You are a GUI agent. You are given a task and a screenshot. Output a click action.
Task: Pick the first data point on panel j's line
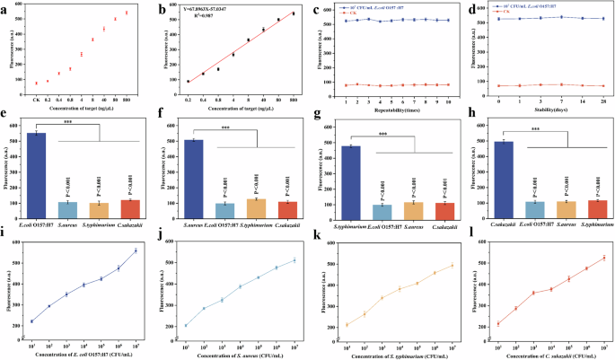click(x=187, y=326)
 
